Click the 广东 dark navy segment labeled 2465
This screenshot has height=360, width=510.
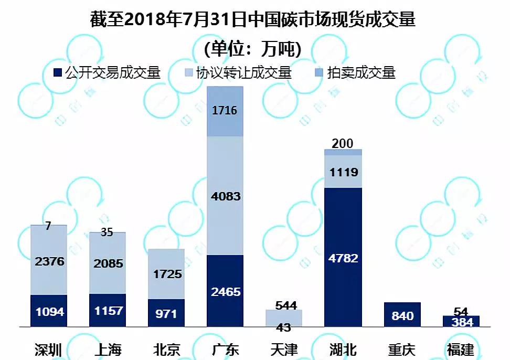pyautogui.click(x=225, y=291)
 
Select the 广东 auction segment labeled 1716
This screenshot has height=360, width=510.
pyautogui.click(x=225, y=111)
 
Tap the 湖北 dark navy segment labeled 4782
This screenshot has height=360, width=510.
pyautogui.click(x=343, y=257)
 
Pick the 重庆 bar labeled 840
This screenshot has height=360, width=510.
pyautogui.click(x=402, y=315)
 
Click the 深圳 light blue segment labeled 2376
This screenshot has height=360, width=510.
pyautogui.click(x=49, y=261)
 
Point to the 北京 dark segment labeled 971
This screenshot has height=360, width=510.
pyautogui.click(x=166, y=313)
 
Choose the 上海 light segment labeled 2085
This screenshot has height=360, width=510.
pyautogui.click(x=108, y=263)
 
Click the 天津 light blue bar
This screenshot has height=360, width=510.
pyautogui.click(x=284, y=317)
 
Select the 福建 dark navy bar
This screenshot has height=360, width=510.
pyautogui.click(x=461, y=322)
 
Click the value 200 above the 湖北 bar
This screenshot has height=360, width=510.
pyautogui.click(x=343, y=143)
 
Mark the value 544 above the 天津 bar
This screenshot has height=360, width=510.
pyautogui.click(x=284, y=304)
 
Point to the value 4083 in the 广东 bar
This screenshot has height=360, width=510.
pyautogui.click(x=225, y=196)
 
